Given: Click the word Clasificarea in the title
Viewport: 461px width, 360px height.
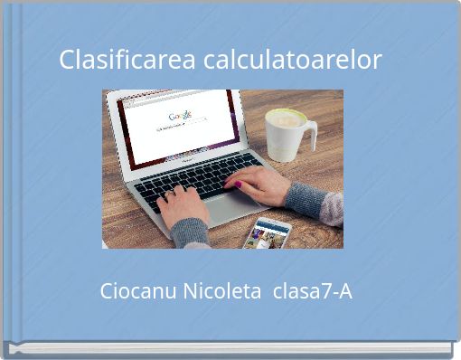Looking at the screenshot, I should pos(127,61).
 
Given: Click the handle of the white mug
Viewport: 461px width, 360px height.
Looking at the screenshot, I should pos(310,136).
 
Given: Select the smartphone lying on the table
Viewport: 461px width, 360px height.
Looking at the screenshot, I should pos(268,232).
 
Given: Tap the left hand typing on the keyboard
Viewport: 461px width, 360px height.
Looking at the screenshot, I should pos(181,204).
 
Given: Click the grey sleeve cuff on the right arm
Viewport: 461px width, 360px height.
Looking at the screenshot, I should pos(303,200).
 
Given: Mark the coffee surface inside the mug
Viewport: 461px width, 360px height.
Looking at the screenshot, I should pos(286,118).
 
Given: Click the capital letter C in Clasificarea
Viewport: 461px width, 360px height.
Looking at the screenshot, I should pos(68,61).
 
